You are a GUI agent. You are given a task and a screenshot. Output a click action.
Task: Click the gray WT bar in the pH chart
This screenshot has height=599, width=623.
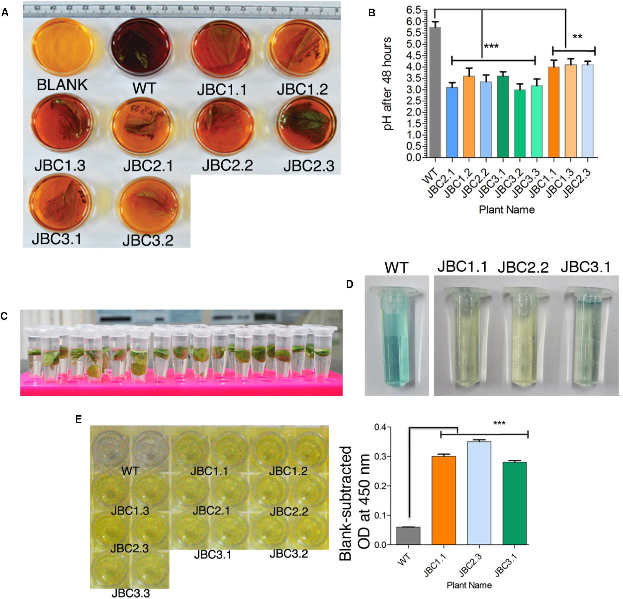tap(435, 93)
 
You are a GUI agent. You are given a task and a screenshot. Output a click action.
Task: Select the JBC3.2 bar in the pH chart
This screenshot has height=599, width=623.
tap(520, 124)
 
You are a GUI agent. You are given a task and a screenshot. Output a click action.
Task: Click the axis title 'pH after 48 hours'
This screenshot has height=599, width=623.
tap(388, 84)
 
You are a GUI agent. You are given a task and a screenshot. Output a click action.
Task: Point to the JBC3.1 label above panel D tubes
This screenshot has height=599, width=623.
tap(585, 267)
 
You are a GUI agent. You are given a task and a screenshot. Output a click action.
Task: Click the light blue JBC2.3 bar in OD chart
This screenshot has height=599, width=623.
tap(479, 493)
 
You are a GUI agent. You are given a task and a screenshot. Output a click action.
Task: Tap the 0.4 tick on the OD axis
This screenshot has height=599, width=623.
tap(380, 427)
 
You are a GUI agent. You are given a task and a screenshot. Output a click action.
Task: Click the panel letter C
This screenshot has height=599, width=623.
tap(4, 316)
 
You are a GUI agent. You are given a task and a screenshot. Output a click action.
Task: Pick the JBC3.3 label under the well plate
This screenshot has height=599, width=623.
tap(130, 593)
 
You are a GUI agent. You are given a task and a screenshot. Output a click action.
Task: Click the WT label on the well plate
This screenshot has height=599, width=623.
tap(130, 471)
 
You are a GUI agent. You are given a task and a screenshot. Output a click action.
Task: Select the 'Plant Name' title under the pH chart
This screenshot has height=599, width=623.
tap(507, 210)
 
